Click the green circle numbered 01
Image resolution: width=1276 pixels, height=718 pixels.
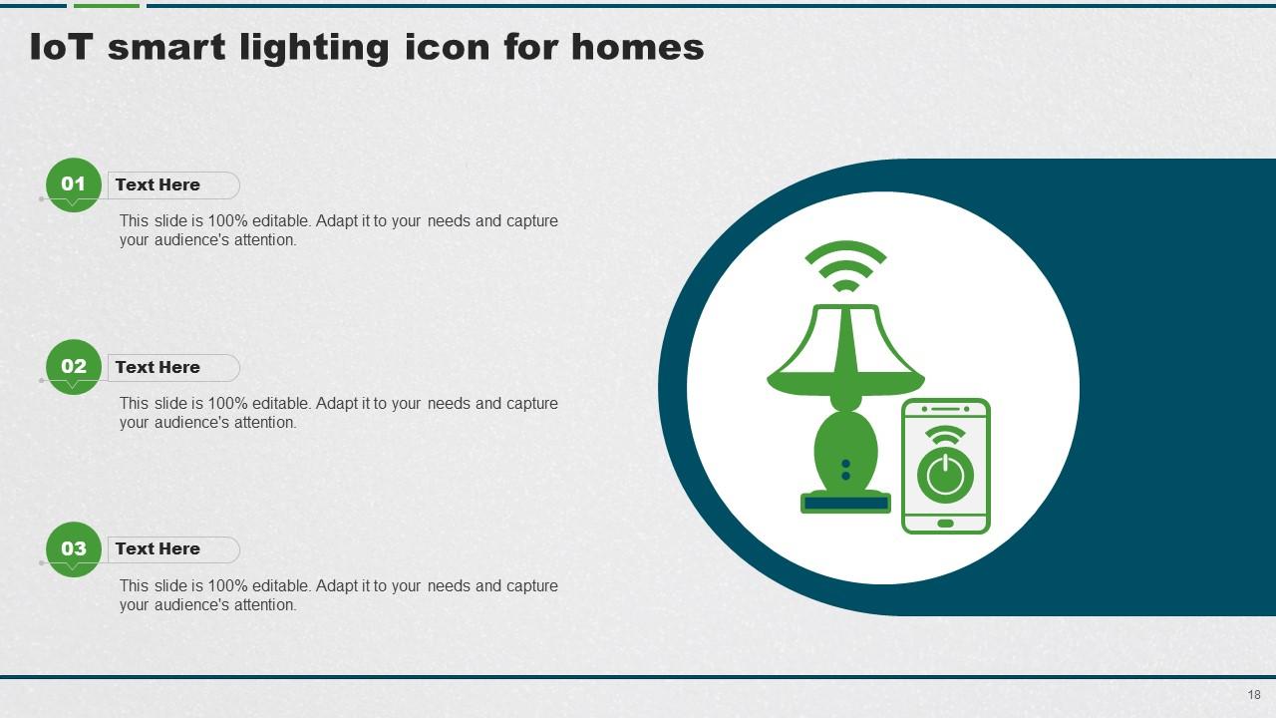74,184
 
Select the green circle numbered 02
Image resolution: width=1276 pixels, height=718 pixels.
74,367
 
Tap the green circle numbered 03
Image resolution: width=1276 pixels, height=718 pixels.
74,548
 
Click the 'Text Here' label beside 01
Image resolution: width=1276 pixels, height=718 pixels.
158,184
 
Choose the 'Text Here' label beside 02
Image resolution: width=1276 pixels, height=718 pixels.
158,367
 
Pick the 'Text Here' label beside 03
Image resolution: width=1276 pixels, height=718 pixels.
158,548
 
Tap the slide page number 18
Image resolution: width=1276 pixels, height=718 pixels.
1253,694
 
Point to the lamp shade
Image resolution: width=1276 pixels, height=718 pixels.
845,349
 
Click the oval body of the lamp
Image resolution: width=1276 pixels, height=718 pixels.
845,449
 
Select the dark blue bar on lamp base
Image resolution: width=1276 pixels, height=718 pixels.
845,504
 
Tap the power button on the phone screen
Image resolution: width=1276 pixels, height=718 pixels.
945,475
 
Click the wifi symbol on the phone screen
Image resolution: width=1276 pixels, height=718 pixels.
945,437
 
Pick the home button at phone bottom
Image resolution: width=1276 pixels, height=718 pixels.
945,523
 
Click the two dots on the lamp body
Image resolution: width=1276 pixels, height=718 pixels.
845,470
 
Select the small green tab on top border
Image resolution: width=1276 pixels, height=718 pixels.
107,5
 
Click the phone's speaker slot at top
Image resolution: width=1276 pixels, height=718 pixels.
945,409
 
